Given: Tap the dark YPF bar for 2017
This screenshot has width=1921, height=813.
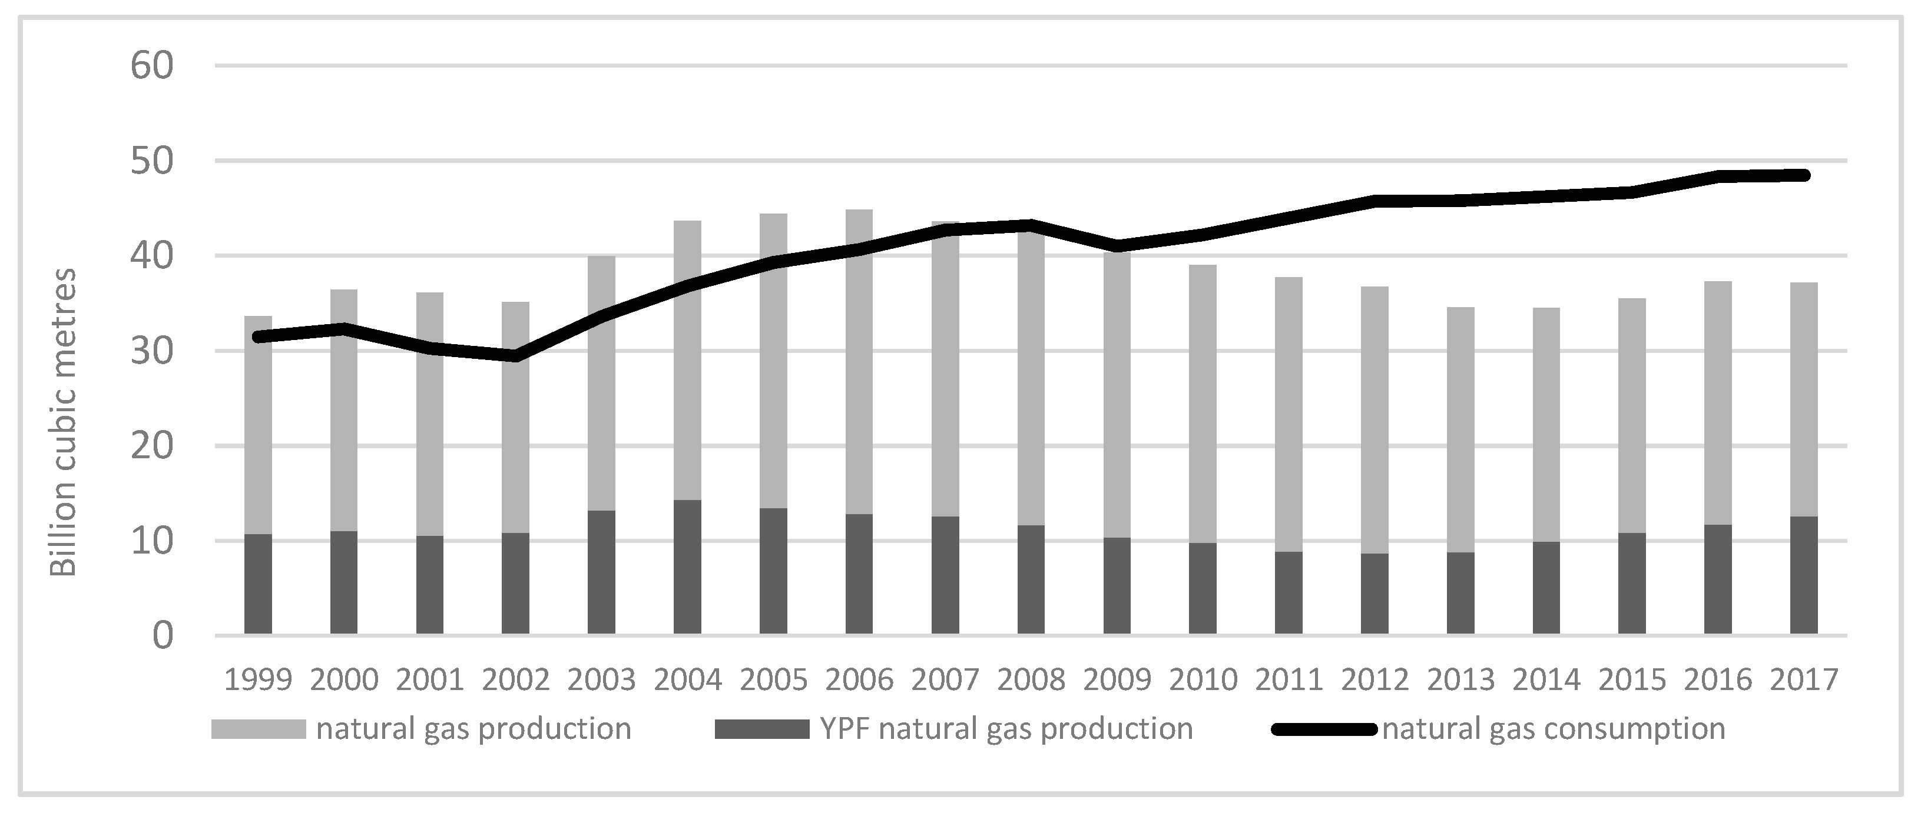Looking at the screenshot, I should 1804,575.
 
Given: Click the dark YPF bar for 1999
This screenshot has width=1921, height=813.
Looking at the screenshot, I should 258,584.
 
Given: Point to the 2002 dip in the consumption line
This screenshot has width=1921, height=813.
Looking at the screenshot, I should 515,355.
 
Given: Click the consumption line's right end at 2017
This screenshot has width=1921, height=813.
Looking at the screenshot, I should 1804,175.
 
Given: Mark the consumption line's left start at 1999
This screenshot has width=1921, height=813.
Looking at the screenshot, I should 258,337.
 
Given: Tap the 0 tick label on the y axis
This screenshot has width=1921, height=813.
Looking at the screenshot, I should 162,636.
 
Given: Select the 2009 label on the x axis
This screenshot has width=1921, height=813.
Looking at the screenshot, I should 1117,679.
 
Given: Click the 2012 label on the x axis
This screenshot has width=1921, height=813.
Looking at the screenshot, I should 1374,679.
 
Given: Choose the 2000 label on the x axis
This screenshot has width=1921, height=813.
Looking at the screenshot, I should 344,679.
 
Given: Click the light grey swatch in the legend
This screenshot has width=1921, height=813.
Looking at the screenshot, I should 258,729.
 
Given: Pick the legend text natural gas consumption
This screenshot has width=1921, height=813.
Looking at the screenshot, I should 1554,728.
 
